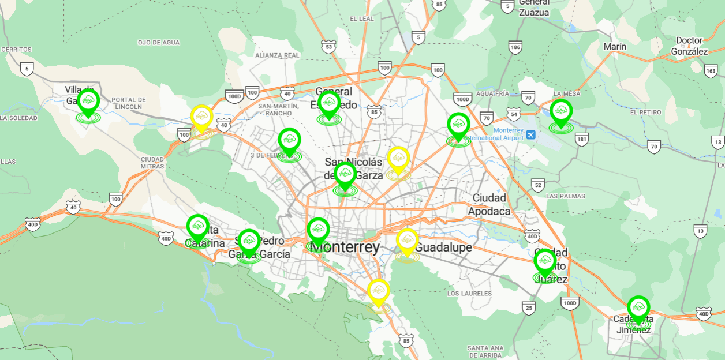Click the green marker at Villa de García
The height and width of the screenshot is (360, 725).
88,102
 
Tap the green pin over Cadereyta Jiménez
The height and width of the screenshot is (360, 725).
638,308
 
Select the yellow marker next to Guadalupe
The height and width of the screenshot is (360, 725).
407,241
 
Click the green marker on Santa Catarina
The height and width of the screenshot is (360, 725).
198,227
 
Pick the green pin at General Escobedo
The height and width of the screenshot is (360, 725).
329,104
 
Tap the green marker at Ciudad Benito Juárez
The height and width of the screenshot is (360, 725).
545,262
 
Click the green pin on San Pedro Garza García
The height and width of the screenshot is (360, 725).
249,242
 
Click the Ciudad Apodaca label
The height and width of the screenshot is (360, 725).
489,204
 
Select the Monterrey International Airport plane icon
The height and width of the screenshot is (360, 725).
531,134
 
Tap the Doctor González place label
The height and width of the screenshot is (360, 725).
689,46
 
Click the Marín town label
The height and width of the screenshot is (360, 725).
614,46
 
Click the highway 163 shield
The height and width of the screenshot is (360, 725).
711,71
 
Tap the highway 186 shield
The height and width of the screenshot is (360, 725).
515,48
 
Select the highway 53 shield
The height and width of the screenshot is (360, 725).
328,46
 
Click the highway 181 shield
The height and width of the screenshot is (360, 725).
582,138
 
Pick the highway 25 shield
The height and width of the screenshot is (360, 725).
529,308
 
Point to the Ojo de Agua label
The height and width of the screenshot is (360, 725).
159,43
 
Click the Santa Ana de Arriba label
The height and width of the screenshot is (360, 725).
485,352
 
